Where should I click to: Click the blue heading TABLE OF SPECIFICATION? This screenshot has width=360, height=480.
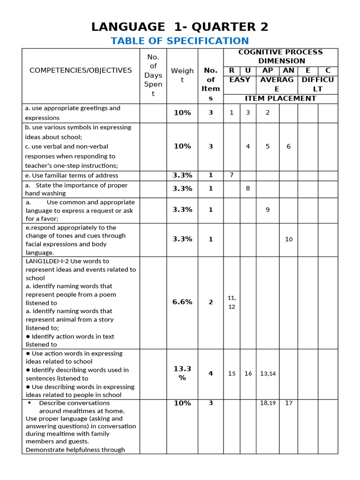[x=180, y=41]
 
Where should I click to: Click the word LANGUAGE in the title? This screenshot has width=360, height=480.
[x=122, y=27]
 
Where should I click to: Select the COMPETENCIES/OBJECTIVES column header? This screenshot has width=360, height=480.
[x=81, y=70]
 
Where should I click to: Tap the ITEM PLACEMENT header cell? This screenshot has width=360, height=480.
[x=280, y=98]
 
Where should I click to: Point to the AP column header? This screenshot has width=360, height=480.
[x=268, y=70]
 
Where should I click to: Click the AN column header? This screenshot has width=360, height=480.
[x=288, y=70]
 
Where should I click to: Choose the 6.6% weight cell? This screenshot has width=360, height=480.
[x=182, y=302]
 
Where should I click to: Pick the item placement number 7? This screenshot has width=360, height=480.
[x=232, y=175]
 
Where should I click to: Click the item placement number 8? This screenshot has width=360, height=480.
[x=248, y=188]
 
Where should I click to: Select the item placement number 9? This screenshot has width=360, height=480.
[x=268, y=210]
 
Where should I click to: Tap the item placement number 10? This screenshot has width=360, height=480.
[x=288, y=239]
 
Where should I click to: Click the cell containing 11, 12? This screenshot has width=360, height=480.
[x=232, y=302]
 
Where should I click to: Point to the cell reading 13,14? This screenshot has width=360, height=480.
[x=268, y=374]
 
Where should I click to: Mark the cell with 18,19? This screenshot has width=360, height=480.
[x=268, y=403]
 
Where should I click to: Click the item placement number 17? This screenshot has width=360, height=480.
[x=288, y=403]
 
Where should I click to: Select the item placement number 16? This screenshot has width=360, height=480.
[x=248, y=374]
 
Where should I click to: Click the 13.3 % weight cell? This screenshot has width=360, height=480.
[x=182, y=373]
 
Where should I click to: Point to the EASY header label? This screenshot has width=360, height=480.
[x=240, y=80]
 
